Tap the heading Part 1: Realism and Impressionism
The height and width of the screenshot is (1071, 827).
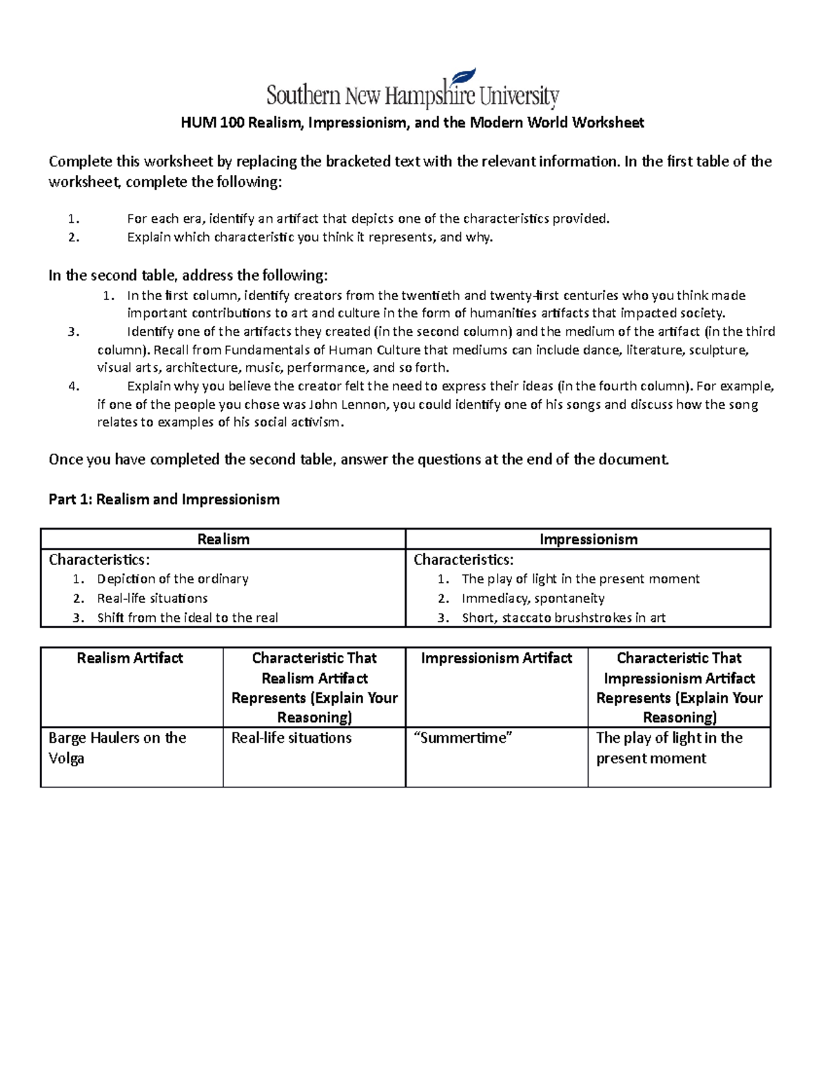point(164,499)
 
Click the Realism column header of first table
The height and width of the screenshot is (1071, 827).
point(223,539)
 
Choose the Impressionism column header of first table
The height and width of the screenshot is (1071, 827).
point(588,539)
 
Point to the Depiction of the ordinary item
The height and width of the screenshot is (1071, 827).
point(172,579)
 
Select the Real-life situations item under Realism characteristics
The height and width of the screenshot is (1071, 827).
point(152,598)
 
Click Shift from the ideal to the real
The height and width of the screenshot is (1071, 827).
point(187,618)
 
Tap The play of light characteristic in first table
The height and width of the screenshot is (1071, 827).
point(580,579)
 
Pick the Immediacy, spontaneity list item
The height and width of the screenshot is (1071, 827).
point(533,598)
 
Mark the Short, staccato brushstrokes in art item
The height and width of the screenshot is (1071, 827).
point(563,618)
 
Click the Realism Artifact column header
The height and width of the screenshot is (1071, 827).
point(130,658)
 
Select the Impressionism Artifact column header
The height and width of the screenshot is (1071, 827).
point(496,658)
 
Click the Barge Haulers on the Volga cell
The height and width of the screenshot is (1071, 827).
point(117,748)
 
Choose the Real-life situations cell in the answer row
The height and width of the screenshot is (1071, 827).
point(292,738)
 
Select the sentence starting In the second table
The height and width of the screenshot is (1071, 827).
point(188,276)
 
